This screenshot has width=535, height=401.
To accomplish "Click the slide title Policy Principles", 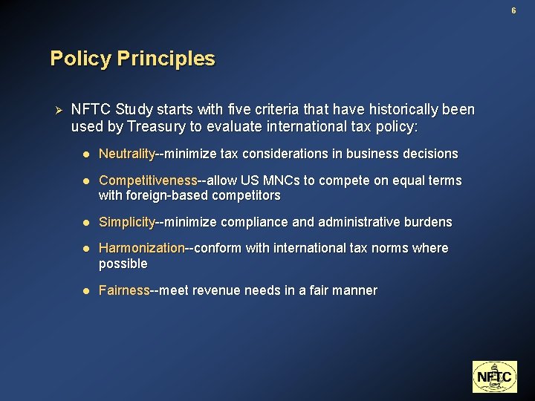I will click(x=132, y=59).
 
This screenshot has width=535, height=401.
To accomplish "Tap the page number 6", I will click(x=513, y=10).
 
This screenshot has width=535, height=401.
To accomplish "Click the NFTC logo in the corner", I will click(x=493, y=376).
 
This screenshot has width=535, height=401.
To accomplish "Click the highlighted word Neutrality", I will click(x=126, y=154).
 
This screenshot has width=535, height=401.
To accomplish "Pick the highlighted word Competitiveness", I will click(x=148, y=180).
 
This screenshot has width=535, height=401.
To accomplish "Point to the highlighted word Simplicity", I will click(x=127, y=222).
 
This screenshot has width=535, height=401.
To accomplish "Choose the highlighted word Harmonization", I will click(x=141, y=248).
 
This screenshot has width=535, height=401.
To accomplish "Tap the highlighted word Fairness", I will click(x=124, y=290).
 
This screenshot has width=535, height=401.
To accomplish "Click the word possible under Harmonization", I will click(x=123, y=264).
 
